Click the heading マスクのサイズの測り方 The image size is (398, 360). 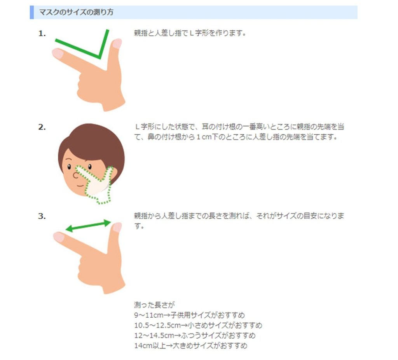tap(76, 12)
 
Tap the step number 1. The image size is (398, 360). tap(42, 33)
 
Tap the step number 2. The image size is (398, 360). tap(42, 127)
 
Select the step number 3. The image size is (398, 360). tap(42, 216)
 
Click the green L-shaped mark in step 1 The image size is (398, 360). tap(99, 56)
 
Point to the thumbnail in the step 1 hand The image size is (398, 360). tap(117, 43)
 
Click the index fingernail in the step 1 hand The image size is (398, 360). tap(58, 53)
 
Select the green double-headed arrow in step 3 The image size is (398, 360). tap(88, 226)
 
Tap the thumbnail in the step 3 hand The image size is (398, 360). tap(117, 227)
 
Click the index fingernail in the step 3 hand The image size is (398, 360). tap(59, 237)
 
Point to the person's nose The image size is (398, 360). tap(75, 175)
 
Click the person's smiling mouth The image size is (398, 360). tap(80, 186)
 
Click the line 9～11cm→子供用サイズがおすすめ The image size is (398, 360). tap(189, 315)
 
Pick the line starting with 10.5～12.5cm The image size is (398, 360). tap(198, 325)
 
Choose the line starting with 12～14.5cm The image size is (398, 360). tap(195, 336)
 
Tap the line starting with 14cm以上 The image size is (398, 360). tap(190, 346)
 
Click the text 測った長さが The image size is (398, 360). tap(154, 305)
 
